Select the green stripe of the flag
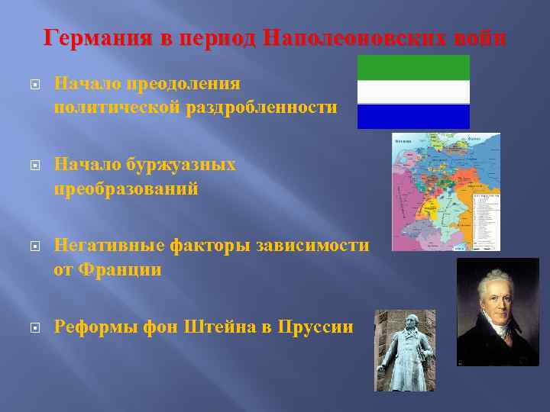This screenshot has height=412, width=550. pos(414,67)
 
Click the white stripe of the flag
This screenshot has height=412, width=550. pos(414,92)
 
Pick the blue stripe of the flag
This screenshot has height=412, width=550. pos(414,117)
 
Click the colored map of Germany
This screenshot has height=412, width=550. pos(435,191)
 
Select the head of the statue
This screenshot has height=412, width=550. pos(403,319)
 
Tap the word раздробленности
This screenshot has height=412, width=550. pos(260,108)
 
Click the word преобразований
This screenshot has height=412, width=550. pos(126,188)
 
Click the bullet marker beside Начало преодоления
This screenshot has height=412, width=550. pos(33,84)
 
